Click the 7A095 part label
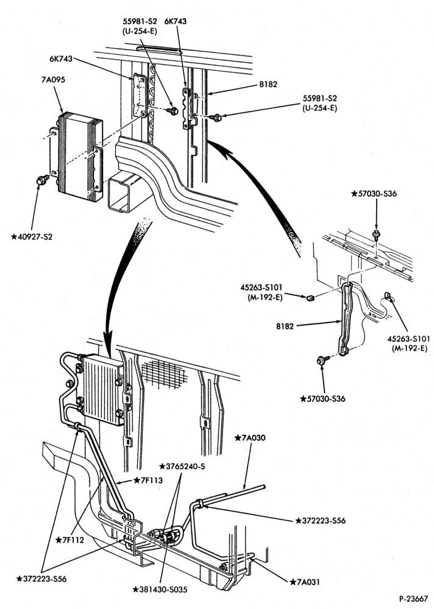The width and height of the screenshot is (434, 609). pyautogui.click(x=53, y=80)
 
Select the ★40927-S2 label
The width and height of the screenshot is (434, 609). pyautogui.click(x=32, y=236)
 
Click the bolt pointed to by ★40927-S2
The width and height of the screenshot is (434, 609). pyautogui.click(x=41, y=180)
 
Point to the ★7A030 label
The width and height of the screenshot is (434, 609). pyautogui.click(x=250, y=438)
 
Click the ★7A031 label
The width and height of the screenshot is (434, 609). pyautogui.click(x=305, y=582)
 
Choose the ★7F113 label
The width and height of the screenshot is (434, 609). pyautogui.click(x=148, y=481)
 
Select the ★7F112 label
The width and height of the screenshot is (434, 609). pyautogui.click(x=69, y=540)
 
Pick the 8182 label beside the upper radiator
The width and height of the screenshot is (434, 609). pyautogui.click(x=268, y=84)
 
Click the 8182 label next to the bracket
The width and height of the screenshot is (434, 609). pyautogui.click(x=285, y=326)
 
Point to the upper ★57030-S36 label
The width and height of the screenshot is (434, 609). pyautogui.click(x=374, y=193)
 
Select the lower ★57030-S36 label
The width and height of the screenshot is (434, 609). pyautogui.click(x=322, y=398)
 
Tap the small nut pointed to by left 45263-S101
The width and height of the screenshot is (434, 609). pyautogui.click(x=310, y=298)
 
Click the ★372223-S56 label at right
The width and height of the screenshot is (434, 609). pyautogui.click(x=321, y=521)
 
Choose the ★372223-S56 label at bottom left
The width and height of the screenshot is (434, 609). pyautogui.click(x=41, y=579)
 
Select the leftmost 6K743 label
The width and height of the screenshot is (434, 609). pyautogui.click(x=61, y=58)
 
